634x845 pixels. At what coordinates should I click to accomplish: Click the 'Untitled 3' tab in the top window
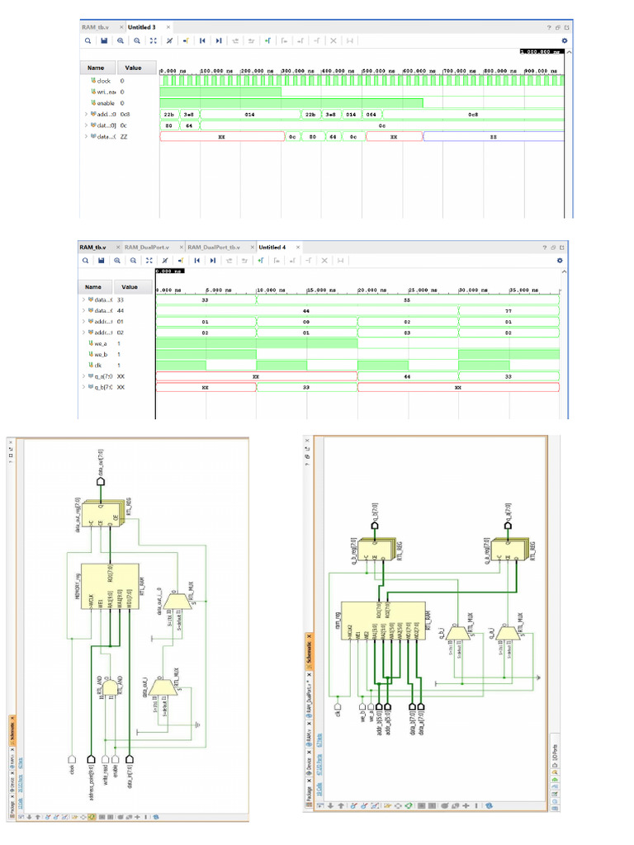point(142,27)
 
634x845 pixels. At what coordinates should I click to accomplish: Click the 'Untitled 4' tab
point(272,247)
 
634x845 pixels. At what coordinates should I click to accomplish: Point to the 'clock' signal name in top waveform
point(103,81)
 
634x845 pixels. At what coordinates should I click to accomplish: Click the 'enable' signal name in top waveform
point(105,103)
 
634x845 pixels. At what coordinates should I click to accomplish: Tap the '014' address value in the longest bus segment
point(249,115)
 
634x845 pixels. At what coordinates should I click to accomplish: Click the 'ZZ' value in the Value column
point(125,136)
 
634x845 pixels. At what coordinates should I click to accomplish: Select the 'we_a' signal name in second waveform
point(103,342)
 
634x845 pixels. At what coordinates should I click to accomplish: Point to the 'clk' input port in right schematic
point(337,707)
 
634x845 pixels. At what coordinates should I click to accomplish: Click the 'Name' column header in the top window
point(96,68)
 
